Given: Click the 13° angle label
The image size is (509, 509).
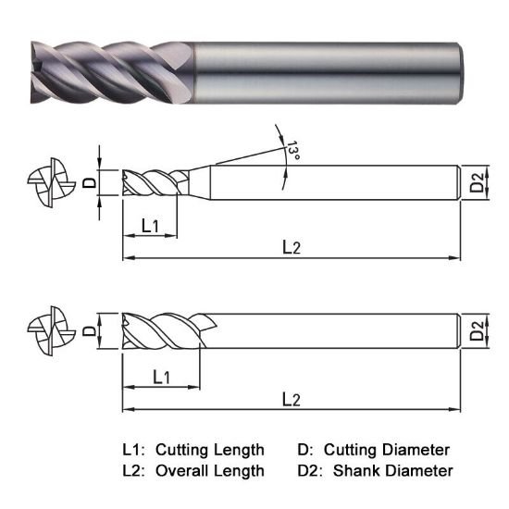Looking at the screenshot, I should click(x=293, y=151).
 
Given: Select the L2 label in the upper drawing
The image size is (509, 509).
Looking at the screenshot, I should click(x=292, y=247).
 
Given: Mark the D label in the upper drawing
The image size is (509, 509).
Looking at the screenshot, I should click(x=90, y=181).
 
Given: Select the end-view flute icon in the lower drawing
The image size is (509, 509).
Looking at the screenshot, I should click(x=46, y=330).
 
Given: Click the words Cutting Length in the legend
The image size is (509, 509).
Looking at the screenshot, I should click(x=210, y=450).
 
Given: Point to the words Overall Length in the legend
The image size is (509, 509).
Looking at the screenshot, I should click(x=209, y=471).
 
